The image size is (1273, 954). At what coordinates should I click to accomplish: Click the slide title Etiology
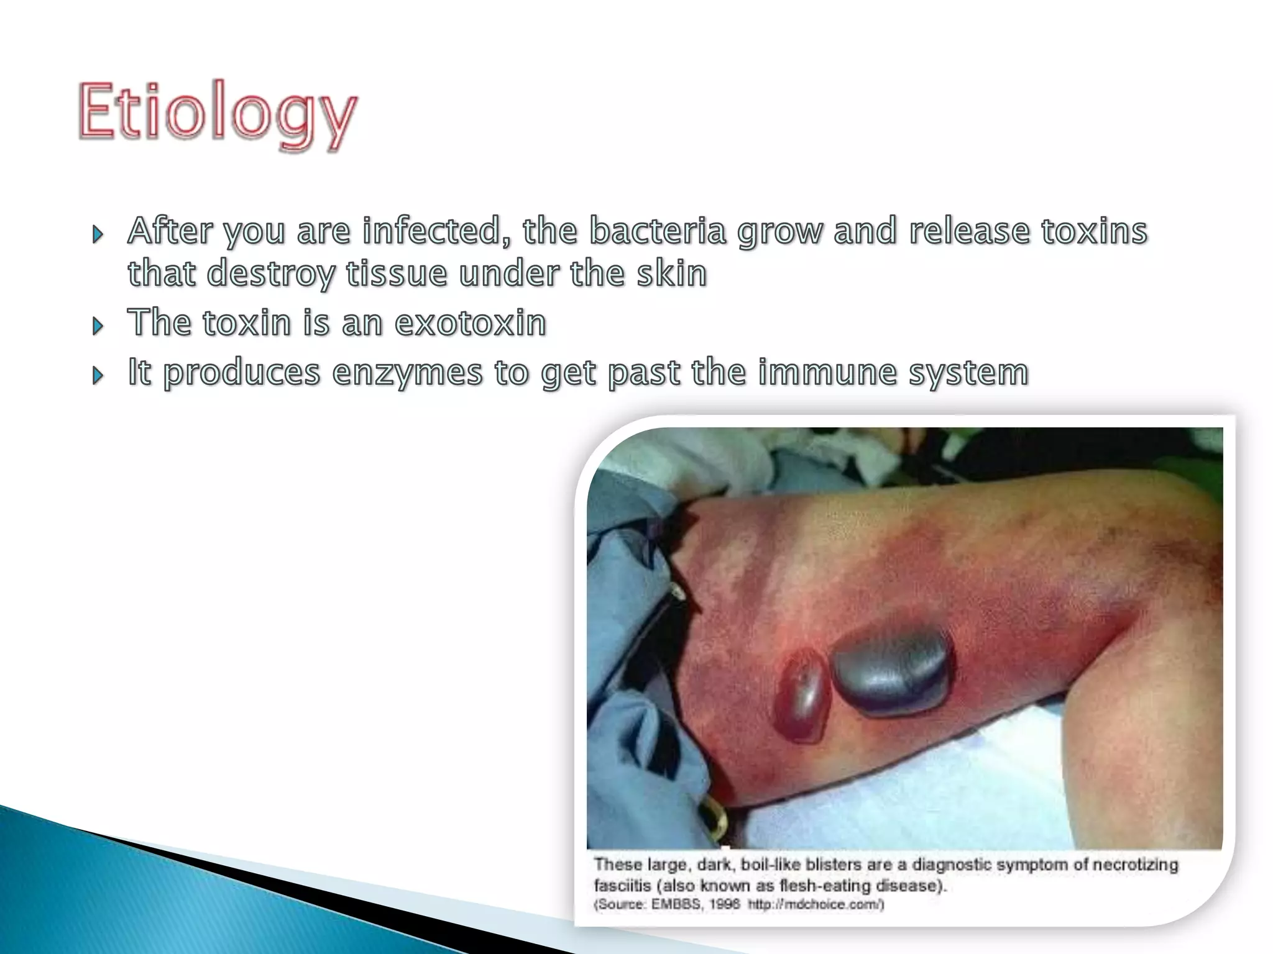218,113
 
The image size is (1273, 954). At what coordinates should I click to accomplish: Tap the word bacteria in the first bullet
657,231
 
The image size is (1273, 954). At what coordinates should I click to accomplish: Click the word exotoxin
471,323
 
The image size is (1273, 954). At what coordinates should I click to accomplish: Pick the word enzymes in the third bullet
407,373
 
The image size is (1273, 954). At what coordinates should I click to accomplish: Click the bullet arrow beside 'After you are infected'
98,235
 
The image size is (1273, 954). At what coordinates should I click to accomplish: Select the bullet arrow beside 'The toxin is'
98,326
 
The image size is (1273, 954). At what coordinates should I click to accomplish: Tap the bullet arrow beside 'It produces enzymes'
98,376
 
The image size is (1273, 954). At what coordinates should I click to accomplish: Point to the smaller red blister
802,695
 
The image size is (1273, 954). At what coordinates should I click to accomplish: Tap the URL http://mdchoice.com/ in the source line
815,904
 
